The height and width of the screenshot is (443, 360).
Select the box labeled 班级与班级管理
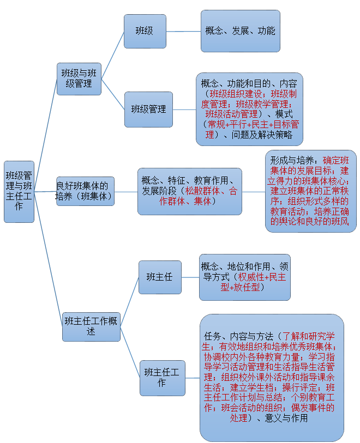(79, 78)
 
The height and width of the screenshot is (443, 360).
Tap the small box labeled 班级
(145, 31)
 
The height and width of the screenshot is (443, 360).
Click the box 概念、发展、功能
(240, 31)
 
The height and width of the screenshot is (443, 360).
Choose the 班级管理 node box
(148, 109)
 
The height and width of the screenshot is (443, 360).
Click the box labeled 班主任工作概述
(91, 326)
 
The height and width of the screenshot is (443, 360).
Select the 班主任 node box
(159, 277)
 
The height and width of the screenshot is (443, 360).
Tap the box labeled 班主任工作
(162, 377)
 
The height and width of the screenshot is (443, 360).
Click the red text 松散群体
(203, 191)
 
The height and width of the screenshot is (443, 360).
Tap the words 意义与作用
(286, 418)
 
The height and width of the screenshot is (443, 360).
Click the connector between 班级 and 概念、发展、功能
(183, 31)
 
